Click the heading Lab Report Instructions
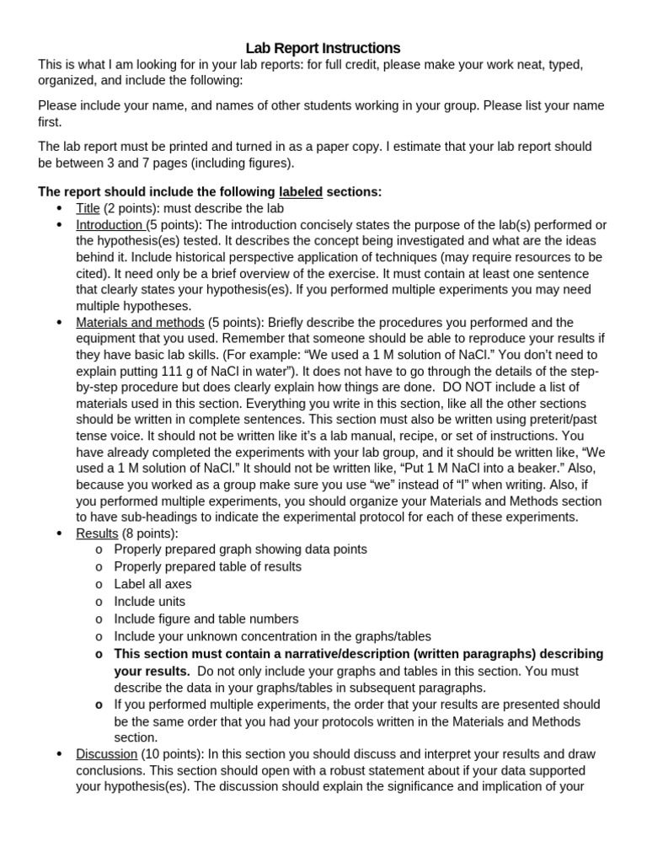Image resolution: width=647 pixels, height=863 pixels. (323, 48)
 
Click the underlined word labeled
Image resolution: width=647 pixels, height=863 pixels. (301, 192)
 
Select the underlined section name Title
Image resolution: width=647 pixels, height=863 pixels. (88, 208)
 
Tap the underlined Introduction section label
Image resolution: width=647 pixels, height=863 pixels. (110, 225)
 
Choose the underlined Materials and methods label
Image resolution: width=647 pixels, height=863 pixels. (140, 323)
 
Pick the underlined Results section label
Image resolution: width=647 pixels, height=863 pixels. (97, 533)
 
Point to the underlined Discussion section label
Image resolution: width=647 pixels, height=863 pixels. (106, 754)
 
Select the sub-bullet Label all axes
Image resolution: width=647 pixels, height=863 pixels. (152, 584)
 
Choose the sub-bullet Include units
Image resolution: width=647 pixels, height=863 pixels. (149, 602)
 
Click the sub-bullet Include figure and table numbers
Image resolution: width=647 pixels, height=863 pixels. (206, 619)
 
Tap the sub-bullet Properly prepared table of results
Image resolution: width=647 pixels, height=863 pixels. (207, 567)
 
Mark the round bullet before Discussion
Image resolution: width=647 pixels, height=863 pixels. (58, 754)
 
